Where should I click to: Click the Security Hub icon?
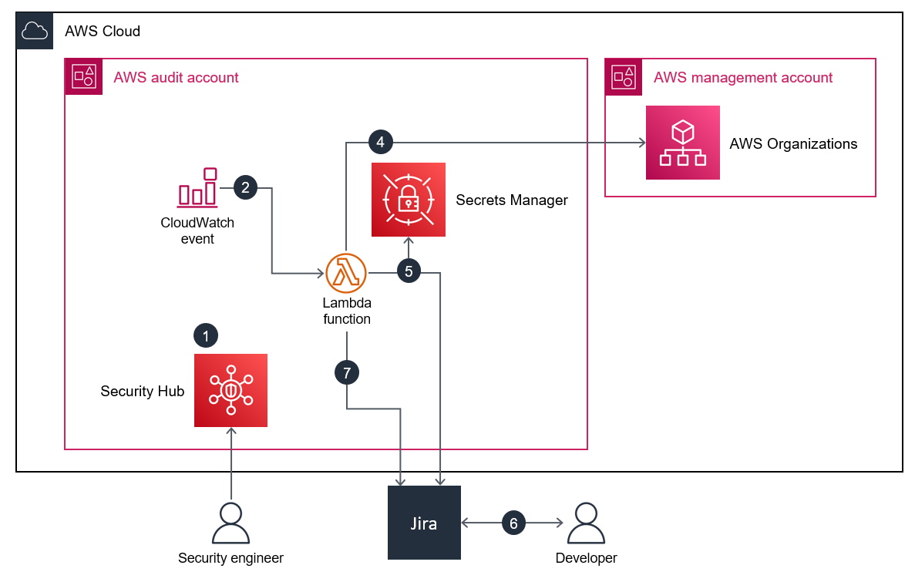coord(230,390)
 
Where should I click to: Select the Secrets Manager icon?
coord(408,200)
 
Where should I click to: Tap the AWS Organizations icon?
coord(682,143)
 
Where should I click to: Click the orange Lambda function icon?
coord(346,273)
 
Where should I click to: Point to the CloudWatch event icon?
coord(198,187)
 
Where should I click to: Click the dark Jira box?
coord(424,523)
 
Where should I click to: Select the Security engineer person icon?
coord(230,523)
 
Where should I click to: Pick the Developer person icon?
coord(586,523)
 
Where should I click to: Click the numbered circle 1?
coord(206,335)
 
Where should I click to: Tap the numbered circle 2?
coord(245,187)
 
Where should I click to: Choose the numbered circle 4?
coord(381,142)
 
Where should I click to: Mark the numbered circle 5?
coord(409,271)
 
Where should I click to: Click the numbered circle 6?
coord(513,523)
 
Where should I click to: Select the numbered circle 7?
coord(347,373)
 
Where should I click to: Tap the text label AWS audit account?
coord(176,78)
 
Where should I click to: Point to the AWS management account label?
coord(743,78)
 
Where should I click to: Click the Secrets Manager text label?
coord(512,200)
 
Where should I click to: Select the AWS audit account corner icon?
coord(83,76)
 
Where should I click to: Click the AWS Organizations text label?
coord(793,144)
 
